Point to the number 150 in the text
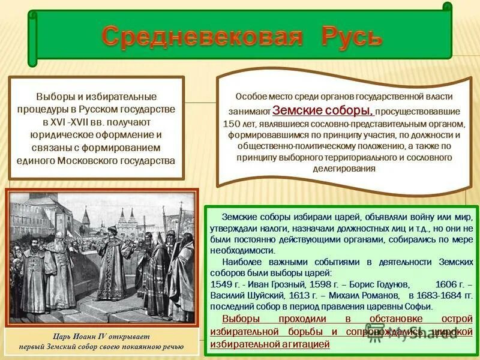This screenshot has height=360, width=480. [x=231, y=124]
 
